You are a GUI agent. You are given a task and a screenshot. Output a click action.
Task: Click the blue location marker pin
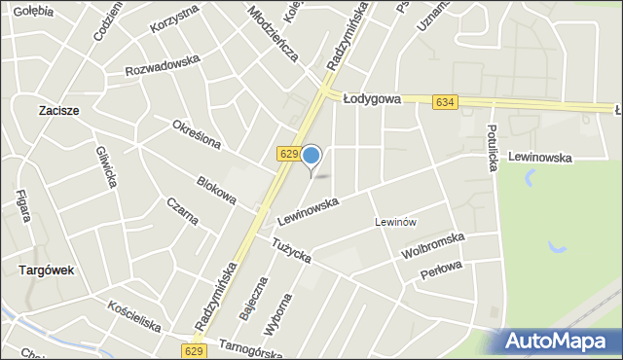pyautogui.click(x=311, y=156)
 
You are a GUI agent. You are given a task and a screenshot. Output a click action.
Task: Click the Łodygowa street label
pyautogui.click(x=375, y=98)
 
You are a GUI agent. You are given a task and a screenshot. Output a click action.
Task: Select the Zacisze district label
pyautogui.click(x=59, y=111)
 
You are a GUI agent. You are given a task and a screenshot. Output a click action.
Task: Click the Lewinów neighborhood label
pyautogui.click(x=396, y=222)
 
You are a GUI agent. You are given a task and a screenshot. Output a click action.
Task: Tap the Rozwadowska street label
pyautogui.click(x=163, y=65)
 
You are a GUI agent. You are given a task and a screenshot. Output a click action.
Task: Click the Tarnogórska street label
pyautogui.click(x=249, y=343)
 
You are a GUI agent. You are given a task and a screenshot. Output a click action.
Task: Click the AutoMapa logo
pyautogui.click(x=561, y=342)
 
